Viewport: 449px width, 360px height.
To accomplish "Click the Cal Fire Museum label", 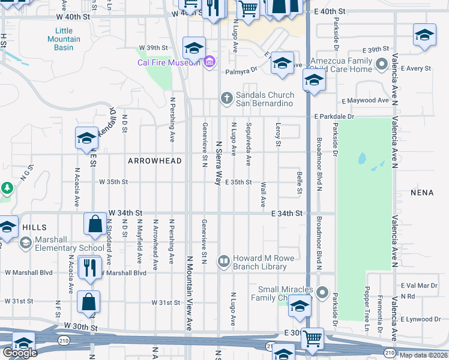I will (x=169, y=63).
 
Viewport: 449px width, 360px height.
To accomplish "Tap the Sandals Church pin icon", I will (x=226, y=97).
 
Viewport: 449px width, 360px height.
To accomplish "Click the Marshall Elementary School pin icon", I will (x=25, y=242).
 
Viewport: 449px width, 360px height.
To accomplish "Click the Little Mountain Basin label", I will (x=64, y=39).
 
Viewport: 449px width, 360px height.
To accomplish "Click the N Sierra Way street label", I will (x=218, y=163).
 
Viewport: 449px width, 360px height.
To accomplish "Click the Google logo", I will (x=20, y=353).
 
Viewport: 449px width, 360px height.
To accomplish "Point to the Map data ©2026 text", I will (x=424, y=355).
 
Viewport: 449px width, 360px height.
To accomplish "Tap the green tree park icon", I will (x=7, y=188).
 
